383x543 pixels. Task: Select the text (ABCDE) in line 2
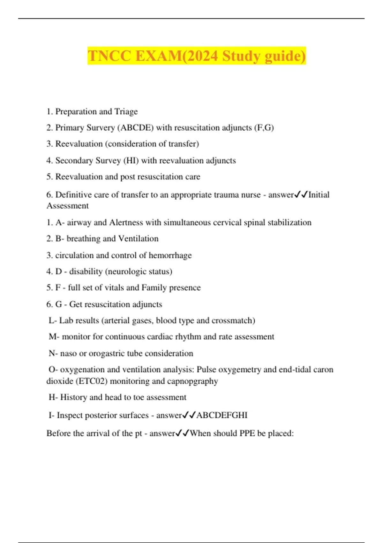pos(135,128)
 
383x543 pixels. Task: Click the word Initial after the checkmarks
pos(319,195)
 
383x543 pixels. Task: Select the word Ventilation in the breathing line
pos(138,239)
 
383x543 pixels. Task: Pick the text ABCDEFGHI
pos(222,415)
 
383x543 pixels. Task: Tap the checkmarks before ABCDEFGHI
pos(189,415)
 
